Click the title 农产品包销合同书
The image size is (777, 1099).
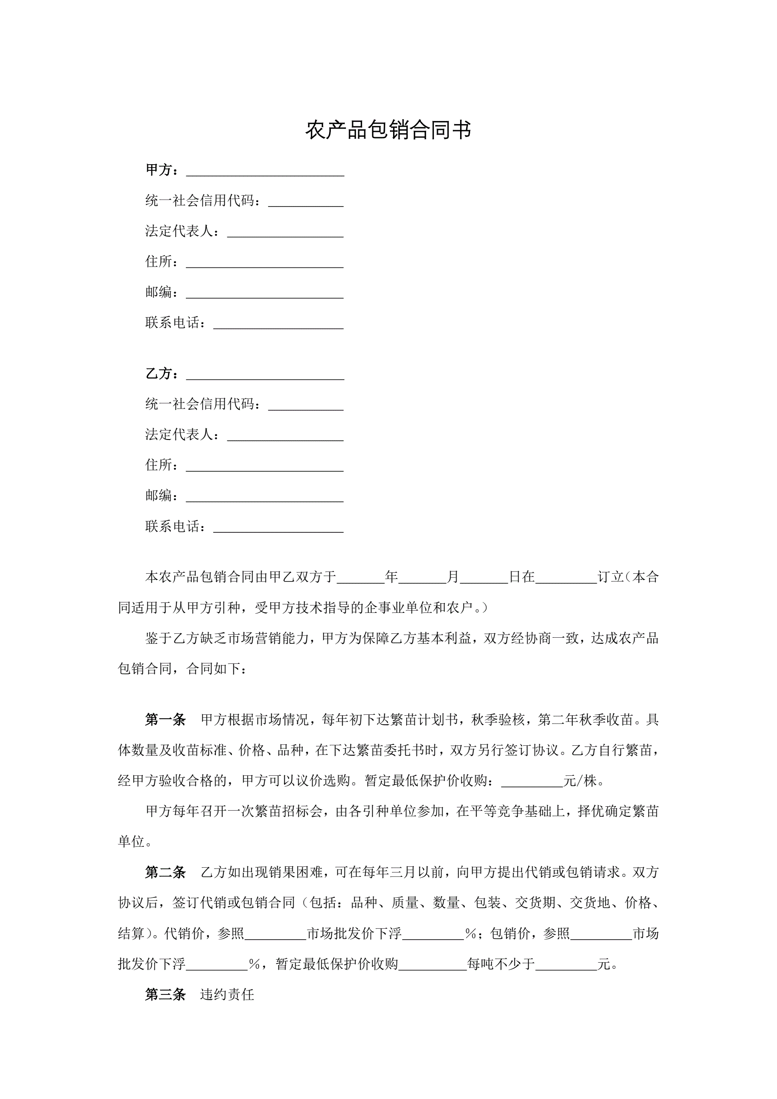388,130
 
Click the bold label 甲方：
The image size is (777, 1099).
163,170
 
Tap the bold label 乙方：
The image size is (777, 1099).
163,374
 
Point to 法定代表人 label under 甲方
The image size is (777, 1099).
179,231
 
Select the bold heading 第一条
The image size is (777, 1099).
165,733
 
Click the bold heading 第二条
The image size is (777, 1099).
165,872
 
